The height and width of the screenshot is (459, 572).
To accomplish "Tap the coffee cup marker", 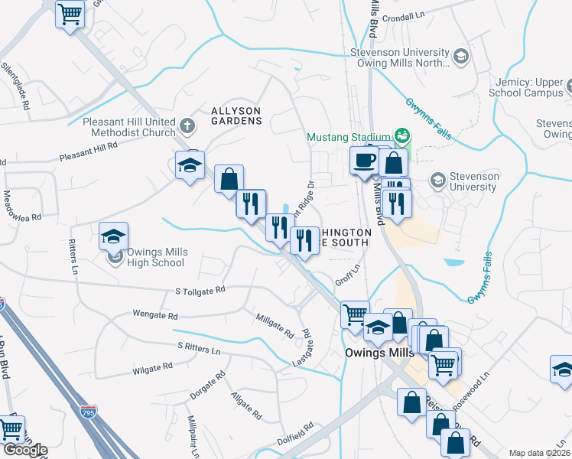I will click(363, 161).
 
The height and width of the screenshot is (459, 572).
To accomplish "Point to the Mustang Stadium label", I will click(348, 138).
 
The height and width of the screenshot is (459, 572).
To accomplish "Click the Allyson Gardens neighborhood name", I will click(236, 116).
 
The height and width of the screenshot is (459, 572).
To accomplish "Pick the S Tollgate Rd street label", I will click(200, 291).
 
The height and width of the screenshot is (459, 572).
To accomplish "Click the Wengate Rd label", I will click(154, 315).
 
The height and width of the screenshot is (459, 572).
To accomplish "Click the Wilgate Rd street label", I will click(153, 369).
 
